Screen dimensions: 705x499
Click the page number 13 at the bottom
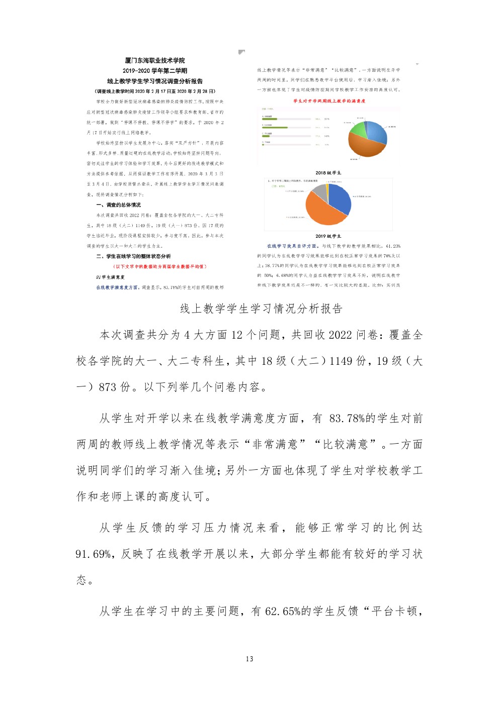pyautogui.click(x=249, y=659)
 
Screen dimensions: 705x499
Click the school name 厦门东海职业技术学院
pyautogui.click(x=155, y=61)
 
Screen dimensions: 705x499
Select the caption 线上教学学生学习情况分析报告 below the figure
pyautogui.click(x=261, y=309)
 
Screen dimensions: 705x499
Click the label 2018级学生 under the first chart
pyautogui.click(x=328, y=173)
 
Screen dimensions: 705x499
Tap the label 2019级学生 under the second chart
pyautogui.click(x=328, y=236)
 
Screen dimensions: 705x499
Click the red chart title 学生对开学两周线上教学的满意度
pyautogui.click(x=329, y=101)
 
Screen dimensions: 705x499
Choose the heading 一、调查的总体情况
pyautogui.click(x=119, y=205)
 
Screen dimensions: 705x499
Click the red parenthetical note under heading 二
pyautogui.click(x=160, y=266)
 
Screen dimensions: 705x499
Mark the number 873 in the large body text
pyautogui.click(x=108, y=387)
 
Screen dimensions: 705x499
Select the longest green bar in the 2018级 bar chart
pyautogui.click(x=275, y=127)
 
